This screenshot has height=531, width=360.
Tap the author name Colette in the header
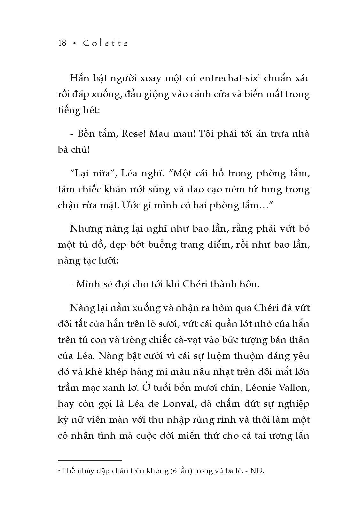pyautogui.click(x=105, y=43)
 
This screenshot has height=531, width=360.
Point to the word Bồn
pyautogui.click(x=86, y=134)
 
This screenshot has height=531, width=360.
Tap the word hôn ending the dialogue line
pyautogui.click(x=249, y=284)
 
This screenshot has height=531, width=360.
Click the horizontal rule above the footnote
pyautogui.click(x=90, y=460)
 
